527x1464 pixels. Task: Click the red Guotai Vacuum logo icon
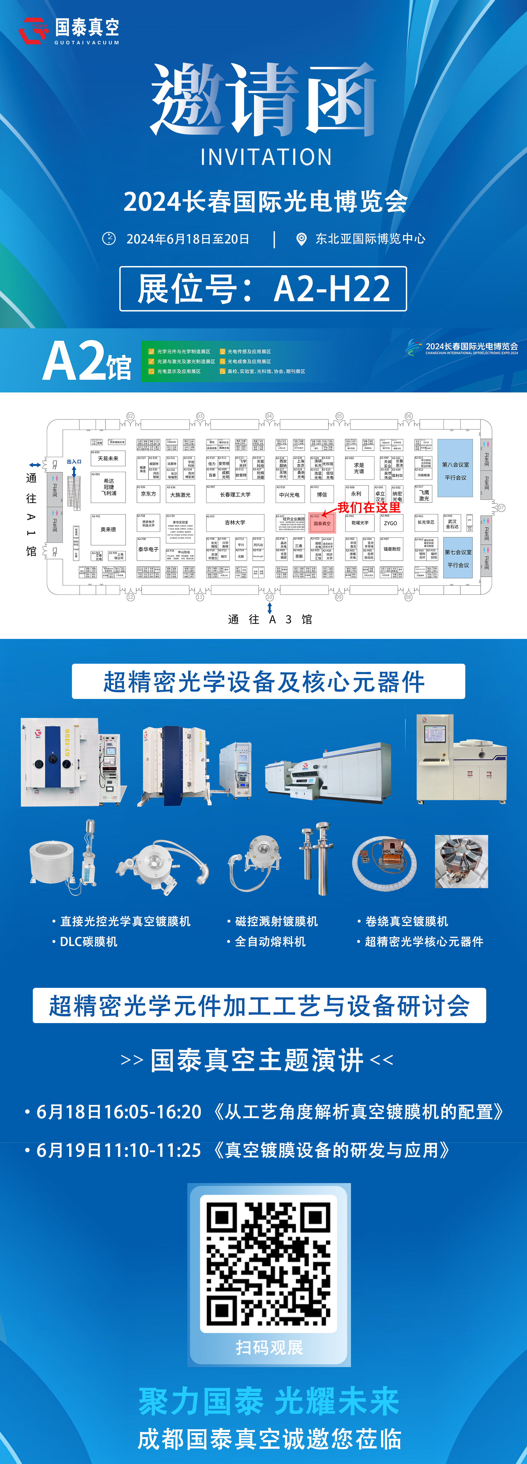tap(33, 30)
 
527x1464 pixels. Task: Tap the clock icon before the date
tap(109, 239)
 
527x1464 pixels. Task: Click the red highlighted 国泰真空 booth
tap(322, 523)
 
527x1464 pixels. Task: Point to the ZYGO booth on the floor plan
tap(391, 523)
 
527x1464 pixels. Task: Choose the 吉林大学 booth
tap(235, 522)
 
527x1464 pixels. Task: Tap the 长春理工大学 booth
tap(235, 494)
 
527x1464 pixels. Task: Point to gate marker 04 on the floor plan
tap(269, 416)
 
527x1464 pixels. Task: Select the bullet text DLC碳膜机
tap(89, 942)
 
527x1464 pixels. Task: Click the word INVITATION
tap(266, 157)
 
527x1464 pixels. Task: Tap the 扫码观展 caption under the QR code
tap(269, 1347)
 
